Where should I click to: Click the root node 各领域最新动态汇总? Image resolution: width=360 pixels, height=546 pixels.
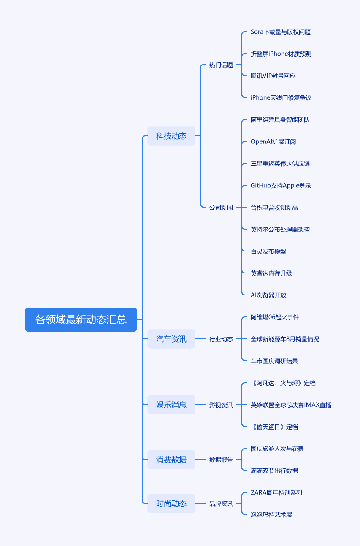(x=81, y=319)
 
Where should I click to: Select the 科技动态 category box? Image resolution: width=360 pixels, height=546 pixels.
(x=171, y=136)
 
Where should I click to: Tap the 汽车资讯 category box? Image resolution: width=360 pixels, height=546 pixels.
(x=171, y=339)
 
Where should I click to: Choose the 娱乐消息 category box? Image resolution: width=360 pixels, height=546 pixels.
(x=171, y=405)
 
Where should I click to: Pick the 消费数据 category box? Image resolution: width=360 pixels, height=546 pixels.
(x=171, y=460)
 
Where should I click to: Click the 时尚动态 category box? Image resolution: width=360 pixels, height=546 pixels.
(x=171, y=503)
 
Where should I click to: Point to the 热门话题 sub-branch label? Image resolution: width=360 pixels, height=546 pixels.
(x=221, y=65)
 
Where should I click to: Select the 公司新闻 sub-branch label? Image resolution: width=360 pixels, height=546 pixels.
(x=221, y=208)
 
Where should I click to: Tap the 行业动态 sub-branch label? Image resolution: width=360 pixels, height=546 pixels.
(x=221, y=339)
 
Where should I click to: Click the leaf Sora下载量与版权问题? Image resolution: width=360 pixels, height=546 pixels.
(x=281, y=32)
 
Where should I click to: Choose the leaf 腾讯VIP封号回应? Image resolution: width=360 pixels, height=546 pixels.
(x=273, y=76)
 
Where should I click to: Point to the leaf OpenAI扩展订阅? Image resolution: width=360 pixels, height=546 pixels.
(x=273, y=142)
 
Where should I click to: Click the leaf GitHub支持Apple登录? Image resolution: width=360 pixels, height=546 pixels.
(x=281, y=186)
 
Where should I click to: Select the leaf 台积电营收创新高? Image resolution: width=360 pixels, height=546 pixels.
(x=274, y=208)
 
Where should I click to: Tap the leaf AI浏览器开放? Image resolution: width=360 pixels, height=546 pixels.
(x=268, y=295)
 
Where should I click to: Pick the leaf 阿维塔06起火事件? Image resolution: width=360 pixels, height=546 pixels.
(x=275, y=317)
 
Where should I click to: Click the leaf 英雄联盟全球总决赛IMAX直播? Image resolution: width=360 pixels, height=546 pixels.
(x=291, y=405)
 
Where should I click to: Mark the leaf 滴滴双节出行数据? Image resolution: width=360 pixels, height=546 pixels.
(x=274, y=471)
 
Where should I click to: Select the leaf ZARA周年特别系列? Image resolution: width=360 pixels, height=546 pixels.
(x=276, y=493)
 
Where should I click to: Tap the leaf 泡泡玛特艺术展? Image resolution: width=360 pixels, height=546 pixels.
(x=271, y=515)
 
